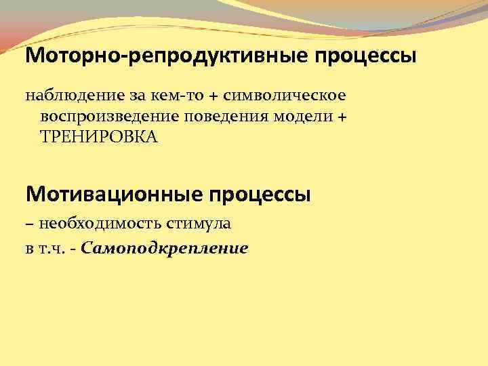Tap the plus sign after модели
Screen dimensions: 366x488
click(341, 116)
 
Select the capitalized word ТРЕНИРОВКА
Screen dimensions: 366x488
click(99, 138)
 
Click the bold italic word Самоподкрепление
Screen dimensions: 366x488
click(164, 249)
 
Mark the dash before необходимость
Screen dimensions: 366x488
click(30, 223)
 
